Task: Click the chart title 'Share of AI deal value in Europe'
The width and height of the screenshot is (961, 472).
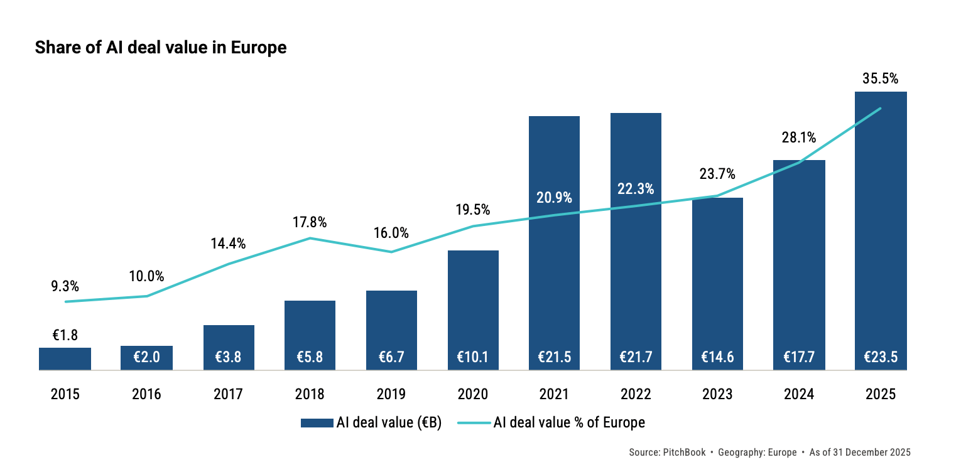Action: (x=161, y=48)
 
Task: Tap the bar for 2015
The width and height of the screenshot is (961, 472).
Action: (x=65, y=359)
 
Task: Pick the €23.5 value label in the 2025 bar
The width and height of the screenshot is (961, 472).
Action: (x=881, y=357)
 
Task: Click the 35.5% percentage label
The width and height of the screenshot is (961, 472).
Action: (x=881, y=79)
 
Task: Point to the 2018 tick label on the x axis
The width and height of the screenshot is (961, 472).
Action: (x=310, y=395)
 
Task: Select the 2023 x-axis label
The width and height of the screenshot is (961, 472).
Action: (x=717, y=395)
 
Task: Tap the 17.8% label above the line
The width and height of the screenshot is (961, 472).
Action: (x=310, y=222)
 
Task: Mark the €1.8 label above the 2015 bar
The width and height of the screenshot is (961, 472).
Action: (x=65, y=335)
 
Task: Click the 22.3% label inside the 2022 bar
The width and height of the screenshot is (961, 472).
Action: (x=636, y=189)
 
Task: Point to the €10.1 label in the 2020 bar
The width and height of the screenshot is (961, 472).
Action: (x=473, y=357)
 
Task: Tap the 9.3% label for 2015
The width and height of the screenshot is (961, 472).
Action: (x=65, y=286)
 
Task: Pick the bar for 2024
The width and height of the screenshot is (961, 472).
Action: (x=799, y=264)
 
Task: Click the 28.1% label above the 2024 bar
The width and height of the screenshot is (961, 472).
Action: (x=799, y=137)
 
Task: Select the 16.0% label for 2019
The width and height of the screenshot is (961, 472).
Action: (x=391, y=233)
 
